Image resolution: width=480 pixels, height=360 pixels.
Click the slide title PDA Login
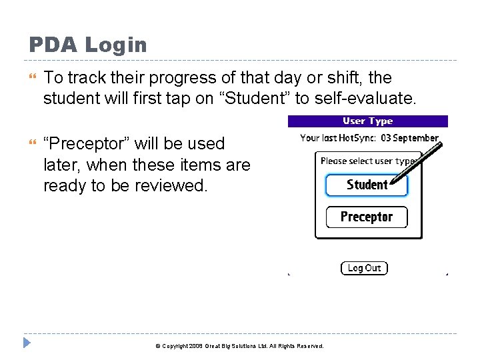coord(87,45)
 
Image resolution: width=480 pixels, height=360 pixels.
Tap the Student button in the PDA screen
coord(366,185)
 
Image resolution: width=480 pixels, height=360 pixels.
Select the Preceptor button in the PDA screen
coord(366,217)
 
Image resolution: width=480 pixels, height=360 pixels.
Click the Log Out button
coord(364,268)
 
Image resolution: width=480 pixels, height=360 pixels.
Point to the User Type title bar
coord(367,121)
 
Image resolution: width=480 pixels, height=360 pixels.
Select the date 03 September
coord(409,138)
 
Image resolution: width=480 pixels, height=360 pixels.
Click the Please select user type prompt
coord(368,161)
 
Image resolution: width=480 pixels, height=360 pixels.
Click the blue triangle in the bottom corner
coord(27,344)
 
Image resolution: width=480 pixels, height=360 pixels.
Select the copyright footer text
coord(239,346)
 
